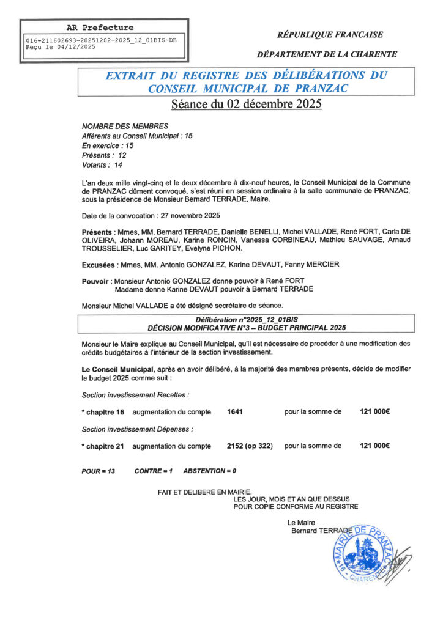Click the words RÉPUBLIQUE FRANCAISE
pyautogui.click(x=331, y=34)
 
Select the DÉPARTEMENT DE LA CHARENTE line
pyautogui.click(x=327, y=54)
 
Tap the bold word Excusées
pyautogui.click(x=98, y=265)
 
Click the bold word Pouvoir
pyautogui.click(x=95, y=281)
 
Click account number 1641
pyautogui.click(x=235, y=412)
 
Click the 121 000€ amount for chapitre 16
pyautogui.click(x=374, y=412)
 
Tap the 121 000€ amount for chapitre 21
pyautogui.click(x=374, y=446)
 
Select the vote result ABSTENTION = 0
pyautogui.click(x=209, y=471)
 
